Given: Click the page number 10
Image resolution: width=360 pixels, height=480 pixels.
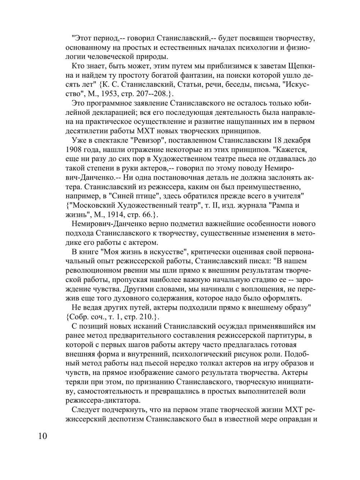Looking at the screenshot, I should coord(42,436).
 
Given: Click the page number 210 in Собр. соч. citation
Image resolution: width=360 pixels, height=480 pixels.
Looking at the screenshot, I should coord(146,317).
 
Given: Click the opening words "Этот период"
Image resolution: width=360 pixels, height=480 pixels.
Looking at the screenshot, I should coord(94,38).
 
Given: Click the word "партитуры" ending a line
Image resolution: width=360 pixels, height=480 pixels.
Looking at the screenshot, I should coord(292,336).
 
